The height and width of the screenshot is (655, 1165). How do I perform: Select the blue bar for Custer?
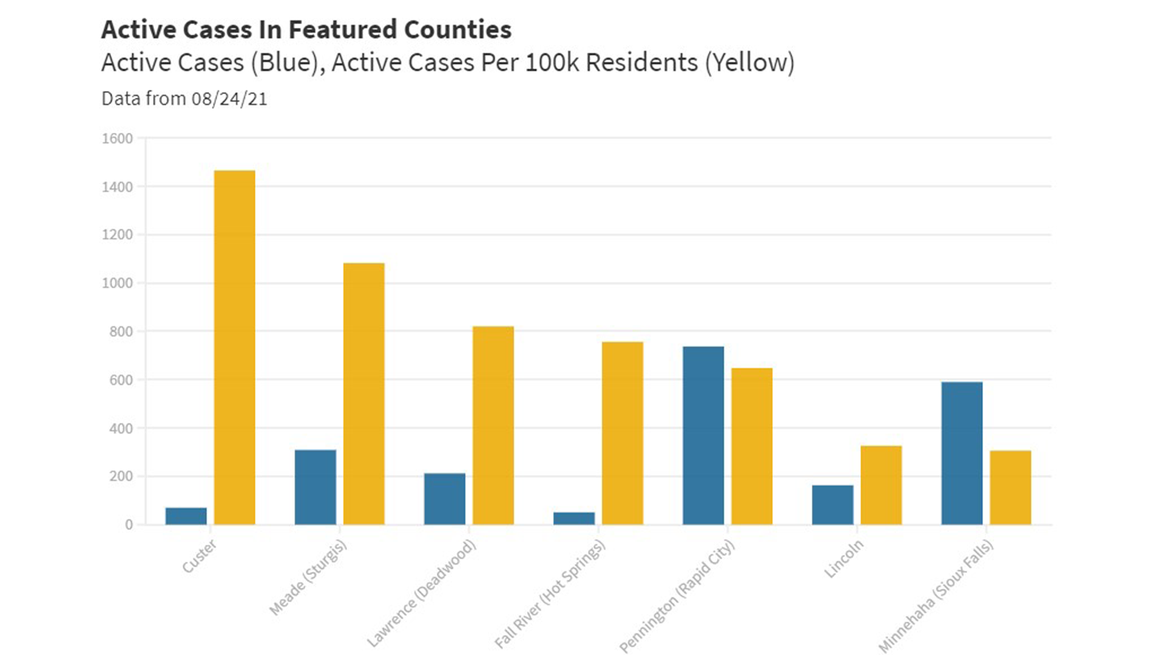click(x=186, y=516)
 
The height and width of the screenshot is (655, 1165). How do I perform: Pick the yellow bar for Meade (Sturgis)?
click(x=364, y=394)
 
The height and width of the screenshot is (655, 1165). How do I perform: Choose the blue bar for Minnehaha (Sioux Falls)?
click(x=962, y=453)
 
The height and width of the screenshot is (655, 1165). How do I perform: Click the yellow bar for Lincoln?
click(x=881, y=485)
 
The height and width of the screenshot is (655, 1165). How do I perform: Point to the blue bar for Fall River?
click(x=574, y=519)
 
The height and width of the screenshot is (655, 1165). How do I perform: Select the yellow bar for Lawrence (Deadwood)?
click(x=493, y=425)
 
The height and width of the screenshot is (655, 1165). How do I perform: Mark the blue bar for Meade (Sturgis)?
click(x=316, y=487)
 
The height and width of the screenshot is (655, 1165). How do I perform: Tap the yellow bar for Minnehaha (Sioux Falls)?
click(x=1010, y=488)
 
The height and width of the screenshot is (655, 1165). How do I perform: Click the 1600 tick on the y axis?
click(x=117, y=139)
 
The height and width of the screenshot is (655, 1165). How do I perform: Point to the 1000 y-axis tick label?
click(x=117, y=283)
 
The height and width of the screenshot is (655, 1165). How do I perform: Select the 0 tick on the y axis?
click(x=129, y=525)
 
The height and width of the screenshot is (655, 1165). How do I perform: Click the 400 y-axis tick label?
click(x=121, y=429)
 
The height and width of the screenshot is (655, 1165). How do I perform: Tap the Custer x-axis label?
click(x=199, y=557)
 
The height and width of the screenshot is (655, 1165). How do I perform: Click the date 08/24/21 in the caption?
click(x=229, y=99)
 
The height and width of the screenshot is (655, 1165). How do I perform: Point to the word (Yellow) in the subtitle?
click(x=749, y=62)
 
